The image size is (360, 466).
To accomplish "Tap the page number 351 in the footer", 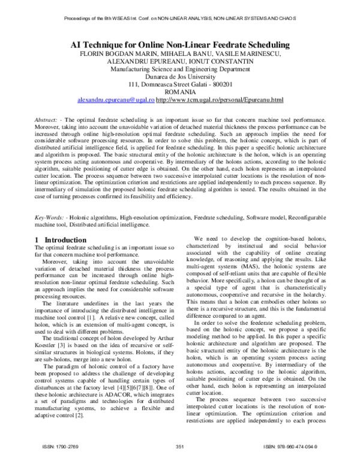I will pyautogui.click(x=179, y=447).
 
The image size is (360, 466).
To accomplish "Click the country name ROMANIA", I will pyautogui.click(x=180, y=91).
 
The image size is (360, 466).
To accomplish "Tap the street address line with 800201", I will pyautogui.click(x=180, y=83).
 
